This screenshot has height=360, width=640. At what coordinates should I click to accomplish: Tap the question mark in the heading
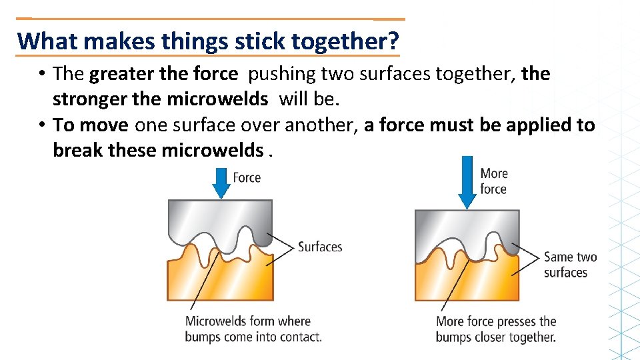pyautogui.click(x=393, y=41)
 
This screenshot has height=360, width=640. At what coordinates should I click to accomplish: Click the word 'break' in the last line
pyautogui.click(x=78, y=150)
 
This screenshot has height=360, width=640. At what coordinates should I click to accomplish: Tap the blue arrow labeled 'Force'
pyautogui.click(x=219, y=181)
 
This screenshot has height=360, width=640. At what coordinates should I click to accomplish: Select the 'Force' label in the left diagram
pyautogui.click(x=247, y=177)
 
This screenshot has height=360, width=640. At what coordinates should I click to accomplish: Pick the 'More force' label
pyautogui.click(x=493, y=181)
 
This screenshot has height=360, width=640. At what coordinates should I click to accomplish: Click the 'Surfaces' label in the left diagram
pyautogui.click(x=320, y=247)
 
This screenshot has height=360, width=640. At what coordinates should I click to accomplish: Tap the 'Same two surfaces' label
pyautogui.click(x=570, y=264)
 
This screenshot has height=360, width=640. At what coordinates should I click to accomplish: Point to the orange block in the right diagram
pyautogui.click(x=453, y=283)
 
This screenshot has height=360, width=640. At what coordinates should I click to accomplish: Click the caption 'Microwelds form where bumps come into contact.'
pyautogui.click(x=253, y=329)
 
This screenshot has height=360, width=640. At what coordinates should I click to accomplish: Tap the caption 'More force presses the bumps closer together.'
pyautogui.click(x=496, y=329)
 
